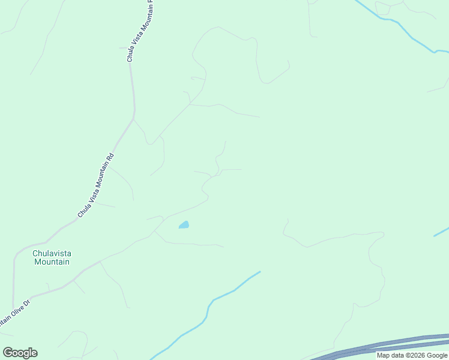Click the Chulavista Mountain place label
coord(52,257)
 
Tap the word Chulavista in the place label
coord(52,253)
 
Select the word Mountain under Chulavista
coord(52,262)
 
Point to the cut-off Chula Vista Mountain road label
coord(140,30)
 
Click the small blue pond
coord(184,225)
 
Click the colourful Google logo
coord(20,353)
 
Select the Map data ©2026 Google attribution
coord(412,355)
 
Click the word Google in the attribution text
coord(436,355)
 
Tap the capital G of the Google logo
coord(8,353)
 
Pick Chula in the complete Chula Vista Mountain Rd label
coord(82,210)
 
